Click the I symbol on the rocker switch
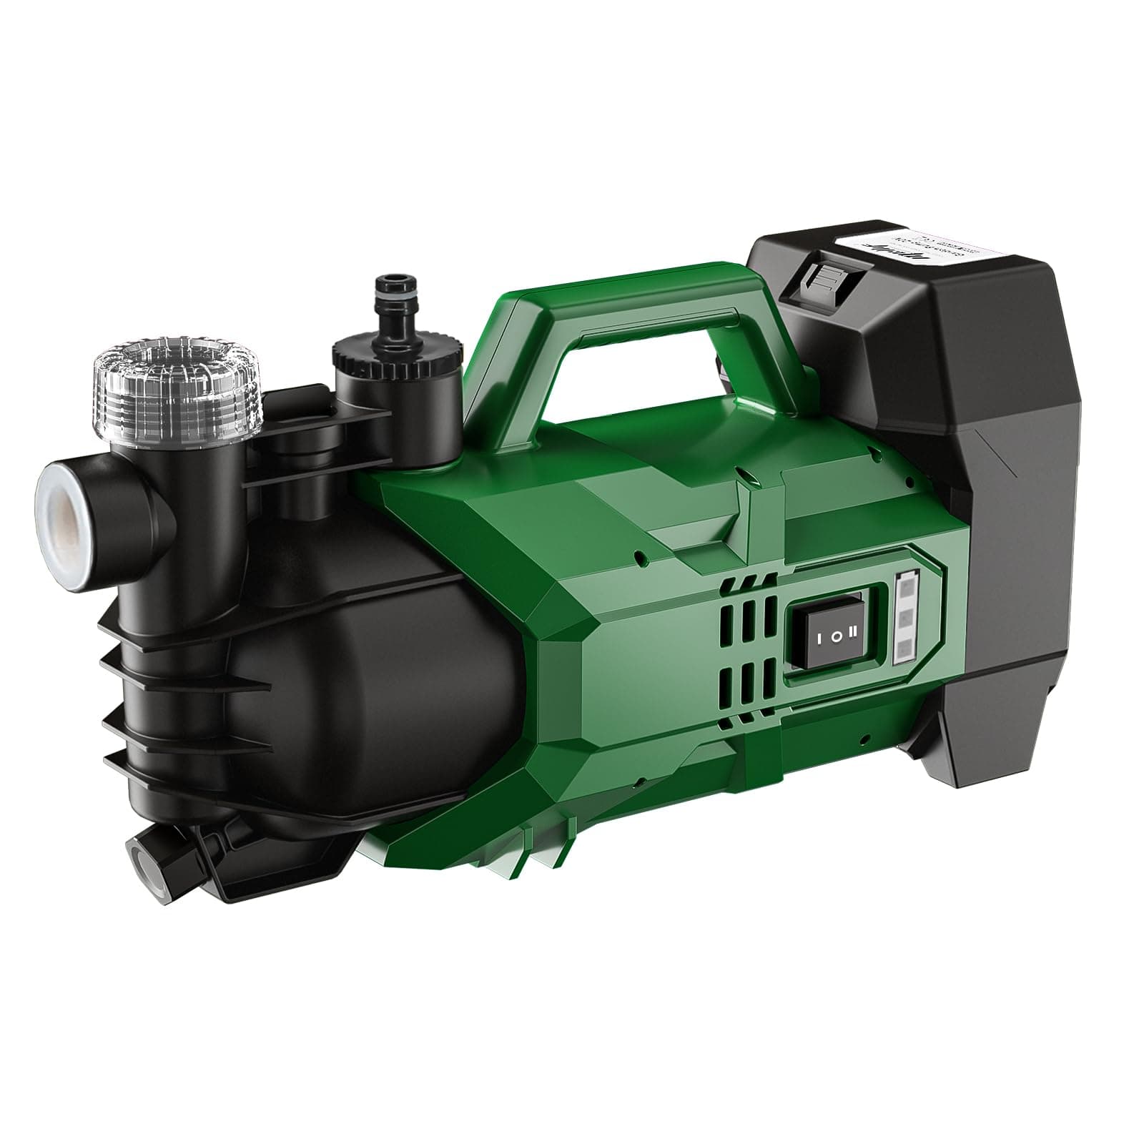coord(819,633)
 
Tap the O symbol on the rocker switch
coord(836,633)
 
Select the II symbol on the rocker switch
coord(852,632)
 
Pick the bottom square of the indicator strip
coord(904,649)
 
